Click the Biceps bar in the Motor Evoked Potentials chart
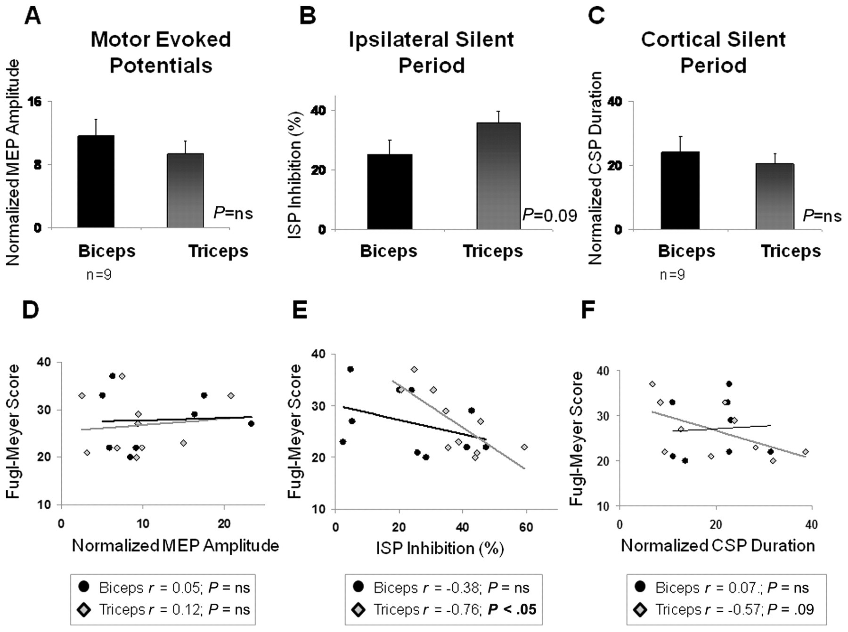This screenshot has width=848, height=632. point(96,181)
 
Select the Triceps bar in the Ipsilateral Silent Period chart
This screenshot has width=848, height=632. point(498,176)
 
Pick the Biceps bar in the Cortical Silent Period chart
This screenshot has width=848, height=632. point(680,191)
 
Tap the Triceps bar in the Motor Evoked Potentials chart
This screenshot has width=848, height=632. point(185,191)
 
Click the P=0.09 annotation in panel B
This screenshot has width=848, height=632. point(549,215)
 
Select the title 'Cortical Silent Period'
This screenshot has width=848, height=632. point(713,52)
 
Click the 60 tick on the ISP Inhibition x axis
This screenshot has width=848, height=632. point(526,527)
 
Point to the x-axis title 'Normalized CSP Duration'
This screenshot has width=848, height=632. point(718,545)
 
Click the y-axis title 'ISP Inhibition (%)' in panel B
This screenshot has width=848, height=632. point(295,174)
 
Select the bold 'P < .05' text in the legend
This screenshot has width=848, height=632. point(512,609)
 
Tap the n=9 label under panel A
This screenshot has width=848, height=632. point(99,274)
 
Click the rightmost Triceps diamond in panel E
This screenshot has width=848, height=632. point(524,447)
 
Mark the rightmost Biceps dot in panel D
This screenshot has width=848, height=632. point(251,423)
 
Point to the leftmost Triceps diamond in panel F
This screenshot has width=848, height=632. point(652,384)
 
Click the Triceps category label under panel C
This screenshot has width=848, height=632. point(791,251)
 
